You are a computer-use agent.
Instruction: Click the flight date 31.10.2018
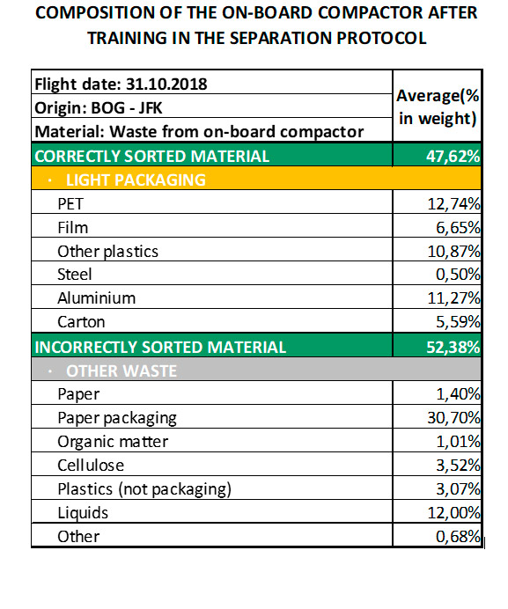tap(166, 84)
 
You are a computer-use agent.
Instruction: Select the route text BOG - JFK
tap(126, 108)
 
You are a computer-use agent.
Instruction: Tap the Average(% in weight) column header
tap(438, 106)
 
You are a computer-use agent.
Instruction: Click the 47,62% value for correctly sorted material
tap(453, 156)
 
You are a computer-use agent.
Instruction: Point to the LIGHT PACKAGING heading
tap(136, 180)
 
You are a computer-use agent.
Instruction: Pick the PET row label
tap(70, 204)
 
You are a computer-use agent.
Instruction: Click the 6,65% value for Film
tap(458, 228)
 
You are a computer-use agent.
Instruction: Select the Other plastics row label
tap(107, 252)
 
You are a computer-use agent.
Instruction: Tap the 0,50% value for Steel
tap(458, 275)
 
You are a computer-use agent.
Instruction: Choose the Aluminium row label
tap(96, 298)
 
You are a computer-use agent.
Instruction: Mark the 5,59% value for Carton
tap(458, 322)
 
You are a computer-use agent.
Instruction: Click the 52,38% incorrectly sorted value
tap(453, 347)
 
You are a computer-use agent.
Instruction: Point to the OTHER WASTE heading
tap(121, 371)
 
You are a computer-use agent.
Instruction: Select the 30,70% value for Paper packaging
tap(453, 418)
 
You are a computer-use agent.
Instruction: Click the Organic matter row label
tap(113, 442)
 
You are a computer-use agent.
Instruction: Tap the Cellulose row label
tap(91, 466)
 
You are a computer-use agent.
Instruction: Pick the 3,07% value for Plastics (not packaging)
tap(458, 489)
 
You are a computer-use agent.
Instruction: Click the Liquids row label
tap(83, 513)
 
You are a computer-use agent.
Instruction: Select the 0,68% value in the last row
tap(458, 537)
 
